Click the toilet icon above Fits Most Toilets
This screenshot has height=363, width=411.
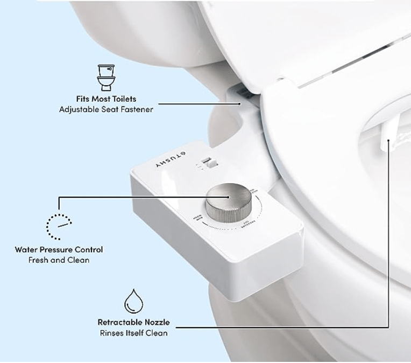106,77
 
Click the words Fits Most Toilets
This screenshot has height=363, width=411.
106,99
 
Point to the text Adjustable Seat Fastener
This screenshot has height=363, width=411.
106,109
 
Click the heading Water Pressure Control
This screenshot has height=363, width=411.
59,249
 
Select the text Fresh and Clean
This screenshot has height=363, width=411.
59,260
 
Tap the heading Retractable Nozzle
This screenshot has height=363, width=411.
133,322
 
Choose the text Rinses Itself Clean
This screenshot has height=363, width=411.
133,333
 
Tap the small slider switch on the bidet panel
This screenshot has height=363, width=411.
207,162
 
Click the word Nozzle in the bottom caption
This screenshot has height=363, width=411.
156,322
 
